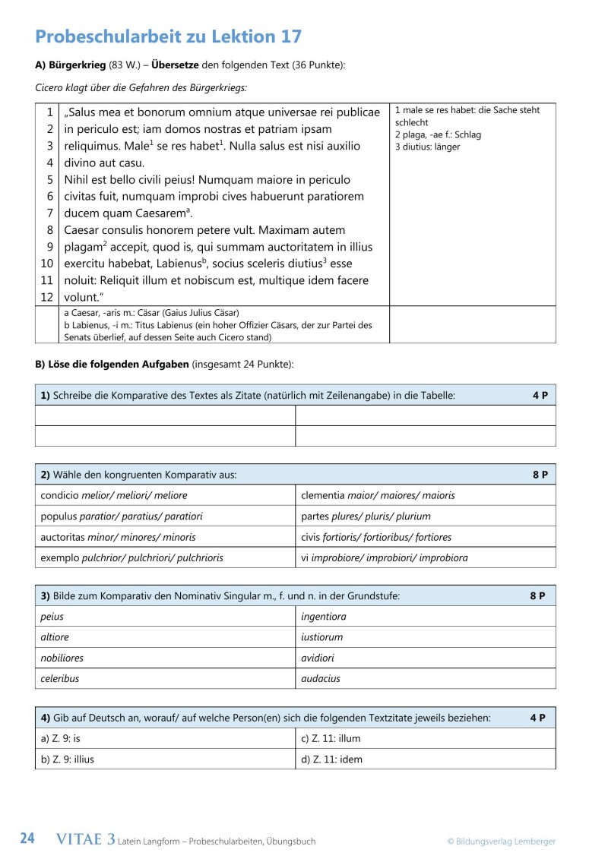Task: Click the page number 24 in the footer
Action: [27, 839]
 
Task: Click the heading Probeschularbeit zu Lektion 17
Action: [168, 36]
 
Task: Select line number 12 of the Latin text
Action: [46, 297]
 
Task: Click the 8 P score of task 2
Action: [540, 475]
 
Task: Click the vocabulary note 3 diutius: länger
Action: [427, 147]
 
